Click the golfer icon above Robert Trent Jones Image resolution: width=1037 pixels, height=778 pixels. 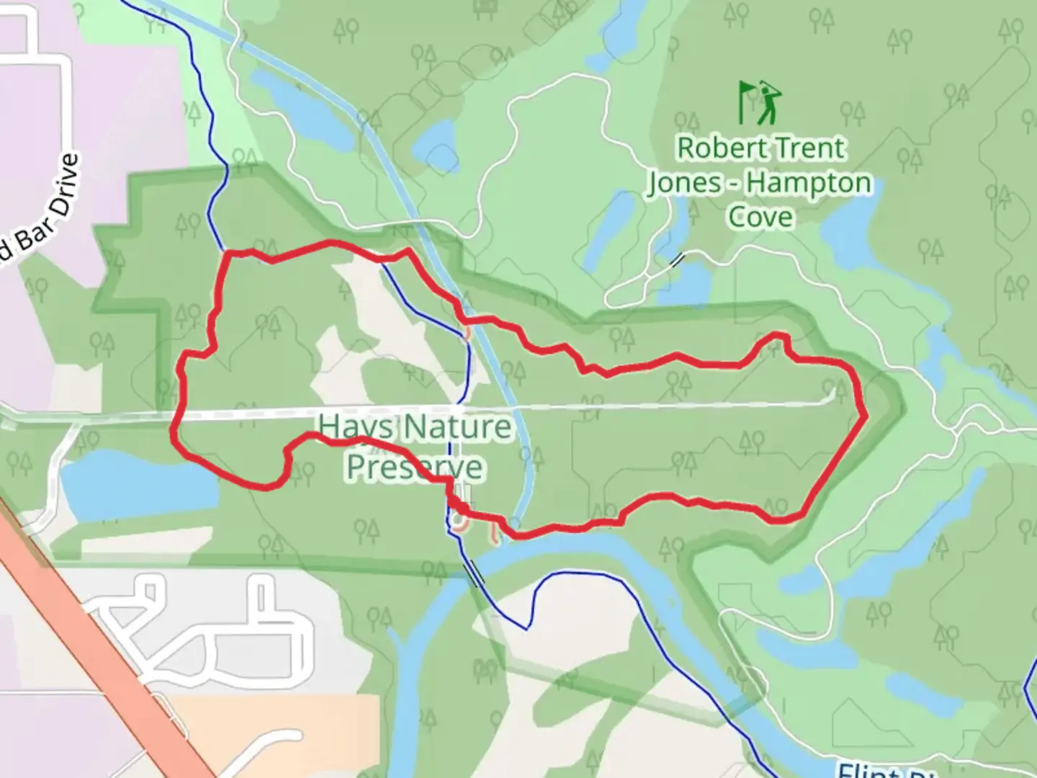tap(769, 102)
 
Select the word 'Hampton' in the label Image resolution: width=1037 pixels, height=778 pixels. tap(809, 184)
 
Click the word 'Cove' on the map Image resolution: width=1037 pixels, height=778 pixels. tap(760, 217)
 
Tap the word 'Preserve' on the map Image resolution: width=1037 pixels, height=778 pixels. tap(415, 468)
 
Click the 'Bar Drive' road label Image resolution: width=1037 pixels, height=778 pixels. tap(43, 205)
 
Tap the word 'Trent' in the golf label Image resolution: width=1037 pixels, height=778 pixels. tap(808, 148)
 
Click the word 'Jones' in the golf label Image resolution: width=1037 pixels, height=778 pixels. tap(684, 184)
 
